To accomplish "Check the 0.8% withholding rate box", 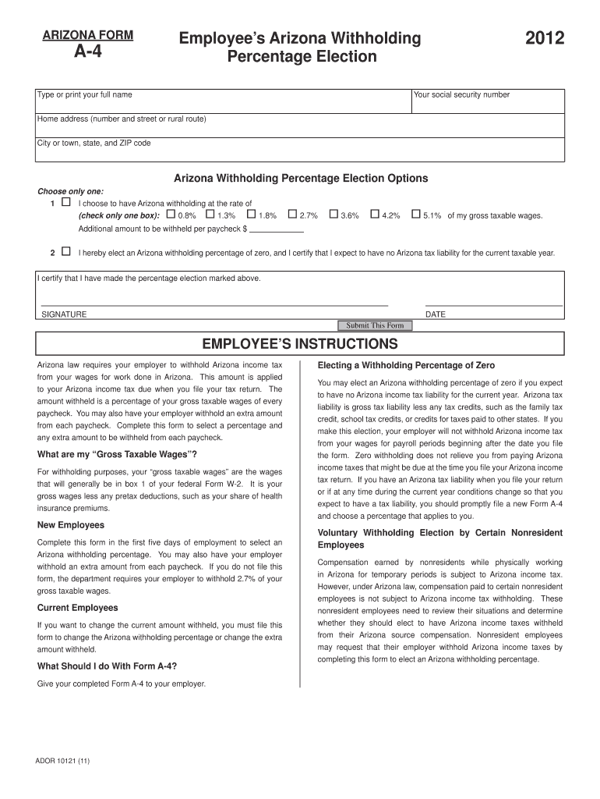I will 171,215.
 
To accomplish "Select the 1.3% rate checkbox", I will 210,215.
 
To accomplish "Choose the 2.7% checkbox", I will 292,215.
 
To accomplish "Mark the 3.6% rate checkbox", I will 334,215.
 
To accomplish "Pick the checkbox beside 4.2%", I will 375,215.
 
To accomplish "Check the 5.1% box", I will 416,215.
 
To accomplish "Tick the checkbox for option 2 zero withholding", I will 65,252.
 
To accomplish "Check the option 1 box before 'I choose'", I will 65,202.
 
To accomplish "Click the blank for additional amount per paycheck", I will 276,229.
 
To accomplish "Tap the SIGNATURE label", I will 64,314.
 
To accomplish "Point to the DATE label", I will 436,314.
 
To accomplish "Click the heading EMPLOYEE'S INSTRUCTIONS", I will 300,344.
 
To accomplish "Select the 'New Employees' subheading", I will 71,525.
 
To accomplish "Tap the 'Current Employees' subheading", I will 78,608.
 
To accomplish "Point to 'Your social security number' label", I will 461,95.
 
